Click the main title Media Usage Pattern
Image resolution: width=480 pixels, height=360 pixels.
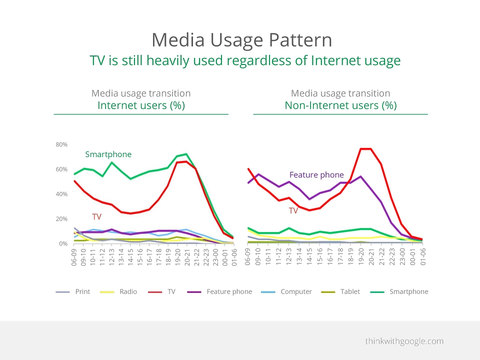[242, 40]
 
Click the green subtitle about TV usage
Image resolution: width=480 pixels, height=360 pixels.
[245, 60]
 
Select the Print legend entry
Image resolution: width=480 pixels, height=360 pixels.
[73, 291]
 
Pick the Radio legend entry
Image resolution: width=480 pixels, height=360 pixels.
[118, 291]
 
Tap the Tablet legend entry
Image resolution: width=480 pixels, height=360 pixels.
[340, 291]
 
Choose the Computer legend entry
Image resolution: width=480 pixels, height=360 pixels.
[286, 291]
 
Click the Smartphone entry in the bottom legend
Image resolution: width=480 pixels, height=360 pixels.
[399, 291]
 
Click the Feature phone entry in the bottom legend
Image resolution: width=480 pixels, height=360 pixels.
[220, 291]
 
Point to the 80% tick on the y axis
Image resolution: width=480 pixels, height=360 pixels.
[61, 144]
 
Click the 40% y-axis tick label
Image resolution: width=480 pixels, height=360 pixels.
[61, 194]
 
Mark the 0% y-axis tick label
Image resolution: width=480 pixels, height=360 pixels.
[63, 243]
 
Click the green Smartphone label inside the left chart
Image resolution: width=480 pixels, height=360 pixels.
[108, 154]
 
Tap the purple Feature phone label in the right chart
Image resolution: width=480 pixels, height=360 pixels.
[316, 175]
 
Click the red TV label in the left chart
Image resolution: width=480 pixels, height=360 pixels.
[96, 216]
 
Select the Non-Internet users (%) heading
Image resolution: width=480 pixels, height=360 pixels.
[340, 105]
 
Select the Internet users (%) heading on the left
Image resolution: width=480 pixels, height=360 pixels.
[141, 105]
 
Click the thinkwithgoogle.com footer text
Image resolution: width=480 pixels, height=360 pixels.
[404, 341]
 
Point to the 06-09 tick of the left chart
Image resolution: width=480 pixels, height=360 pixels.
[74, 257]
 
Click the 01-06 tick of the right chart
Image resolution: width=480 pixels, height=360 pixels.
[423, 256]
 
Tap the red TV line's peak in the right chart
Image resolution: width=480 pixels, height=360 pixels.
[366, 149]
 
